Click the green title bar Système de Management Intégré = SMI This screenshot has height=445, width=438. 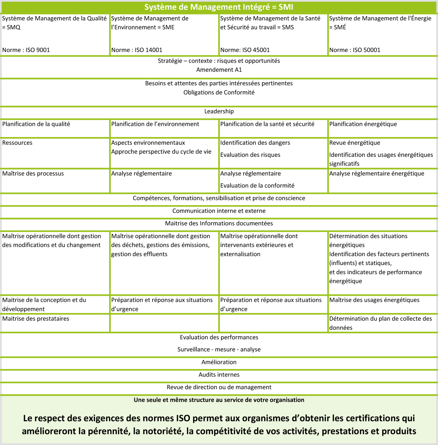click(x=219, y=7)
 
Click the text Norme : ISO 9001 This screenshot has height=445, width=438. click(x=26, y=50)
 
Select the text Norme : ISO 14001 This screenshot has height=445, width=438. click(x=137, y=50)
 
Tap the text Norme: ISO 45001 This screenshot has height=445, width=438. click(x=245, y=50)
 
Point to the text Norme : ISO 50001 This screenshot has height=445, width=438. click(x=355, y=50)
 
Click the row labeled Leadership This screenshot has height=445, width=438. click(x=219, y=111)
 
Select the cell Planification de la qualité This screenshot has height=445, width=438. click(x=36, y=124)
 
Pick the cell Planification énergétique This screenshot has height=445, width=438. click(x=363, y=124)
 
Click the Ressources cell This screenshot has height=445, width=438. click(x=17, y=143)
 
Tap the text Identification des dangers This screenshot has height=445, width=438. click(x=255, y=143)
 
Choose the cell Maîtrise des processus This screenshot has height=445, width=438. click(x=33, y=174)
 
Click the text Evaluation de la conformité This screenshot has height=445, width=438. click(x=257, y=186)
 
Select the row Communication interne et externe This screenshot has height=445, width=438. click(x=219, y=211)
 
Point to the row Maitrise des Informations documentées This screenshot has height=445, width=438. click(x=219, y=223)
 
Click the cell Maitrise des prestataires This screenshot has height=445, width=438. click(x=36, y=319)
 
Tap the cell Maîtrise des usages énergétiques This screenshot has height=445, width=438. click(x=374, y=300)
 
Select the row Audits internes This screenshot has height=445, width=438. click(x=219, y=375)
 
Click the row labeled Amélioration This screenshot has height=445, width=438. click(x=219, y=362)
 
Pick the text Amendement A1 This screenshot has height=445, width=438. click(x=219, y=70)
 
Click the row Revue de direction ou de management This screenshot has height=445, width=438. click(x=219, y=387)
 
